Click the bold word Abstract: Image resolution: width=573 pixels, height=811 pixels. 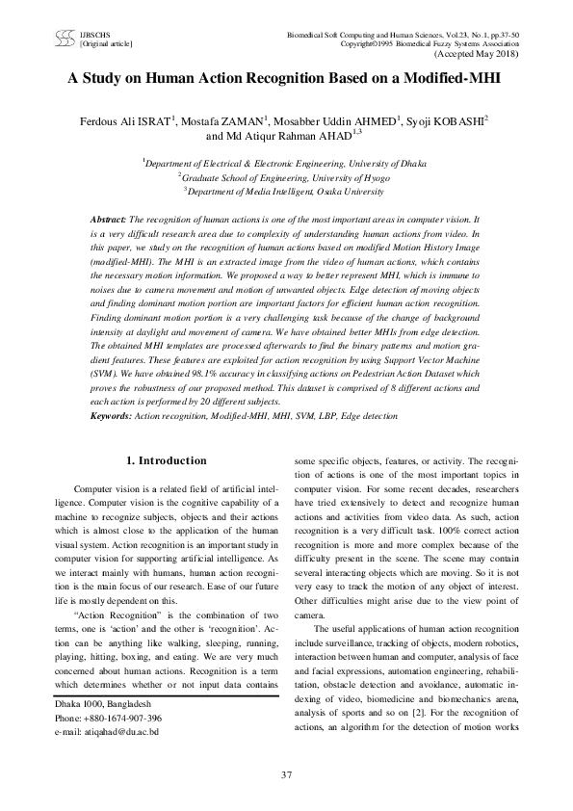pos(108,221)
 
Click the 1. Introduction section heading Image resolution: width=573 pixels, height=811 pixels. pos(168,460)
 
